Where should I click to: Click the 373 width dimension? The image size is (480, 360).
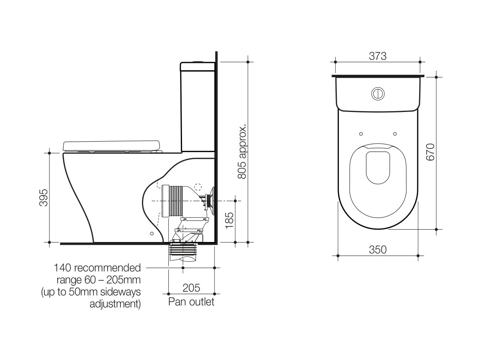pos(378,56)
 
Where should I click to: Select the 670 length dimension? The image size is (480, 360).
pos(430,152)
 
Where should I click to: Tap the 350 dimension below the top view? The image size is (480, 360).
pos(378,250)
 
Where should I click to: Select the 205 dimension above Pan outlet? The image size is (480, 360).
pos(191,288)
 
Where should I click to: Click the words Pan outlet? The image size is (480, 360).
pos(191,301)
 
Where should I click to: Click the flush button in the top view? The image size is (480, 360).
pos(378,93)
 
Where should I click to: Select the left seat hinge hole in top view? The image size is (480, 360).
pos(361,134)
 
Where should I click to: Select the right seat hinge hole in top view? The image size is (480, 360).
pos(395,134)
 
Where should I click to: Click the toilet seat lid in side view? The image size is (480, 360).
pos(112,146)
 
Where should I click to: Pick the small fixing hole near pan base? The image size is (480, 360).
pos(151,233)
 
